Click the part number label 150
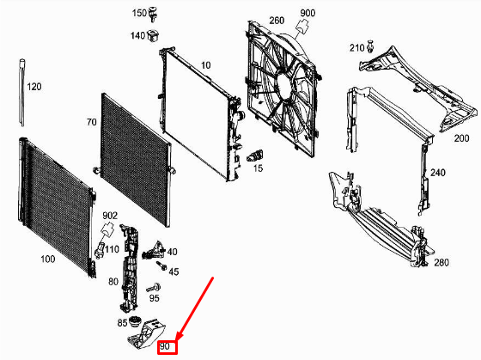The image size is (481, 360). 138,14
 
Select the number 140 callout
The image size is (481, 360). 137,35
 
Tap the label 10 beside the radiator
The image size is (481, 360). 205,65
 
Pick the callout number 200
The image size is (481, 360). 461,137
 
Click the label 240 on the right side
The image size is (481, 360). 438,173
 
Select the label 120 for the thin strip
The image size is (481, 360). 33,87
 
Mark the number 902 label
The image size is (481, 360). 110,216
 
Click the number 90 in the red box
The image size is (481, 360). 167,346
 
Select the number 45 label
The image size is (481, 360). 173,272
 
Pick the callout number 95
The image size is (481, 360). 155,298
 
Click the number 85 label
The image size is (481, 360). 123,324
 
